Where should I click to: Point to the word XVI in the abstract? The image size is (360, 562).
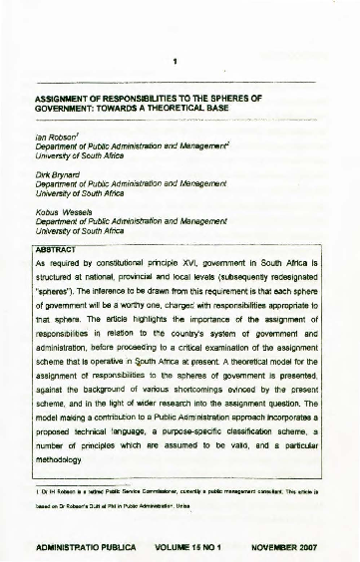(x=199, y=264)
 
